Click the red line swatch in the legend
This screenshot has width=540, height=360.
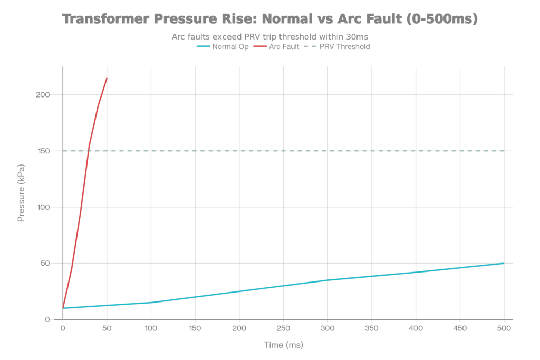coord(259,46)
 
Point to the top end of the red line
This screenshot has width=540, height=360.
coord(108,77)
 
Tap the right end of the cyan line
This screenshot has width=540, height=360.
coord(504,262)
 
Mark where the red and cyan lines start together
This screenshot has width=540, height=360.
coord(63,307)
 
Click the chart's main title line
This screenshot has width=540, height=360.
coord(270,20)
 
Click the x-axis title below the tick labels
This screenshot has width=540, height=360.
coord(283,346)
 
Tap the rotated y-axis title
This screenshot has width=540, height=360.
coord(22,192)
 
